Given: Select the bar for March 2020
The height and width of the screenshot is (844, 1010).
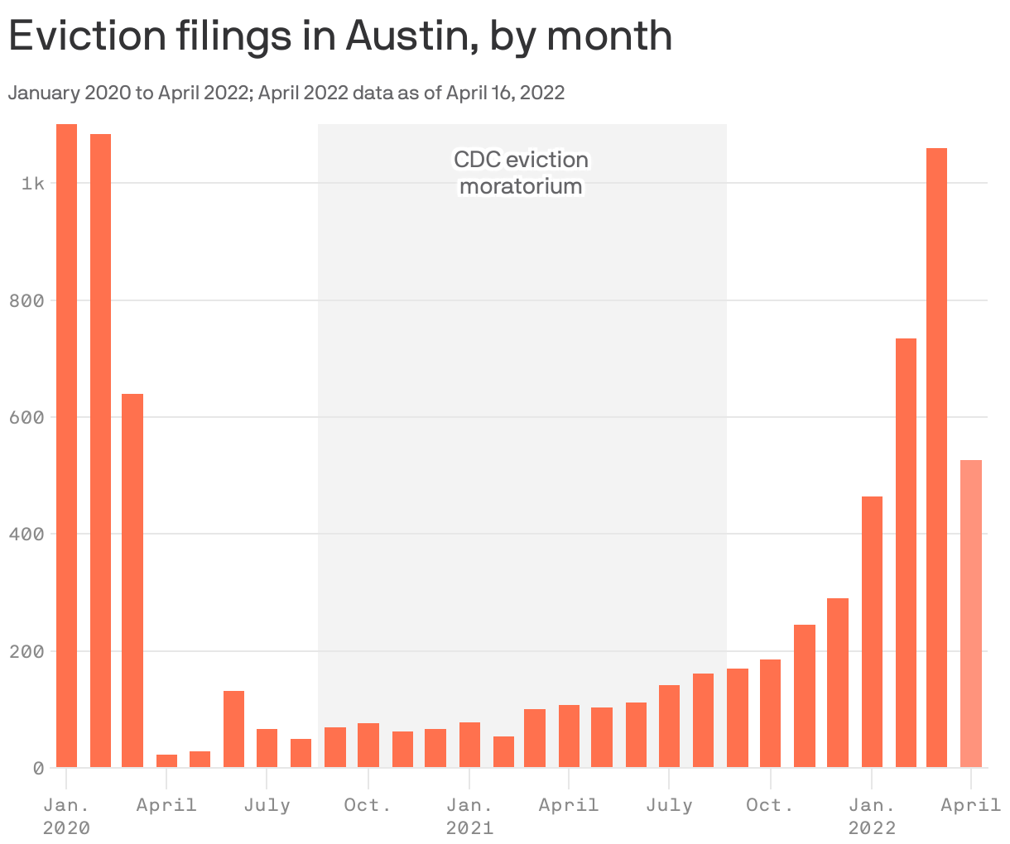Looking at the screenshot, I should [132, 579].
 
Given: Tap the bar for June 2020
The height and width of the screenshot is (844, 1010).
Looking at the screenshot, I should [233, 728].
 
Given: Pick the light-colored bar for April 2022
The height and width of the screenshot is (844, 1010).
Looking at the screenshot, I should [970, 613].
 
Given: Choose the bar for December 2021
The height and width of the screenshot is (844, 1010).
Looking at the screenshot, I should [838, 683].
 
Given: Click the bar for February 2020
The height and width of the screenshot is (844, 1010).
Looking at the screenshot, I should [100, 450].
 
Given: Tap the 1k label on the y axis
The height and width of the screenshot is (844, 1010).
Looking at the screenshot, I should [32, 183].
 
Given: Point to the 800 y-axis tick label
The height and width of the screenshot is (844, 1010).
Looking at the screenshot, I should [26, 300].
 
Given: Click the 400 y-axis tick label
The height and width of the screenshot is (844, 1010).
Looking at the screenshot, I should [26, 534].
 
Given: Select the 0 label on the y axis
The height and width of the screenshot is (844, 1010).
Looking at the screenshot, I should [38, 768].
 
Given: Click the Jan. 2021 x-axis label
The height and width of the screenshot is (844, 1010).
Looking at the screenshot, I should [469, 816].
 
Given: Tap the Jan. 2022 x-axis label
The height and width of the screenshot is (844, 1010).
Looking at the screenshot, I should [872, 816].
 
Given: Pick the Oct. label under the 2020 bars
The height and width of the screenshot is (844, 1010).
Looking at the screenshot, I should [368, 805].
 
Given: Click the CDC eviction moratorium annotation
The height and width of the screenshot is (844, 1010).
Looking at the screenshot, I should [521, 172].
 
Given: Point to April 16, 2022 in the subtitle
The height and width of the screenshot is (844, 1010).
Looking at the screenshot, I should [505, 93].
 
